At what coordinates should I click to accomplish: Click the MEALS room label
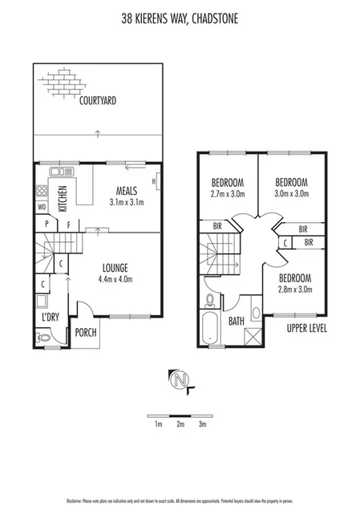coord(126,190)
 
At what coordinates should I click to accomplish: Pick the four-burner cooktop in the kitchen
coord(42,192)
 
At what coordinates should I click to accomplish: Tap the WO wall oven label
coord(41,208)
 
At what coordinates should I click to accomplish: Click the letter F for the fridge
coord(69,225)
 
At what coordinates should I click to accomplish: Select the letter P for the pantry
coord(47,225)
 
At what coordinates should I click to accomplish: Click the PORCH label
coord(87,333)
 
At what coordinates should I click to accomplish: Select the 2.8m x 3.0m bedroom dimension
coord(294,289)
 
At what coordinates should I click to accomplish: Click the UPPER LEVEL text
coord(306,329)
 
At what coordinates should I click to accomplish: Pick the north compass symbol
coord(180,380)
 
